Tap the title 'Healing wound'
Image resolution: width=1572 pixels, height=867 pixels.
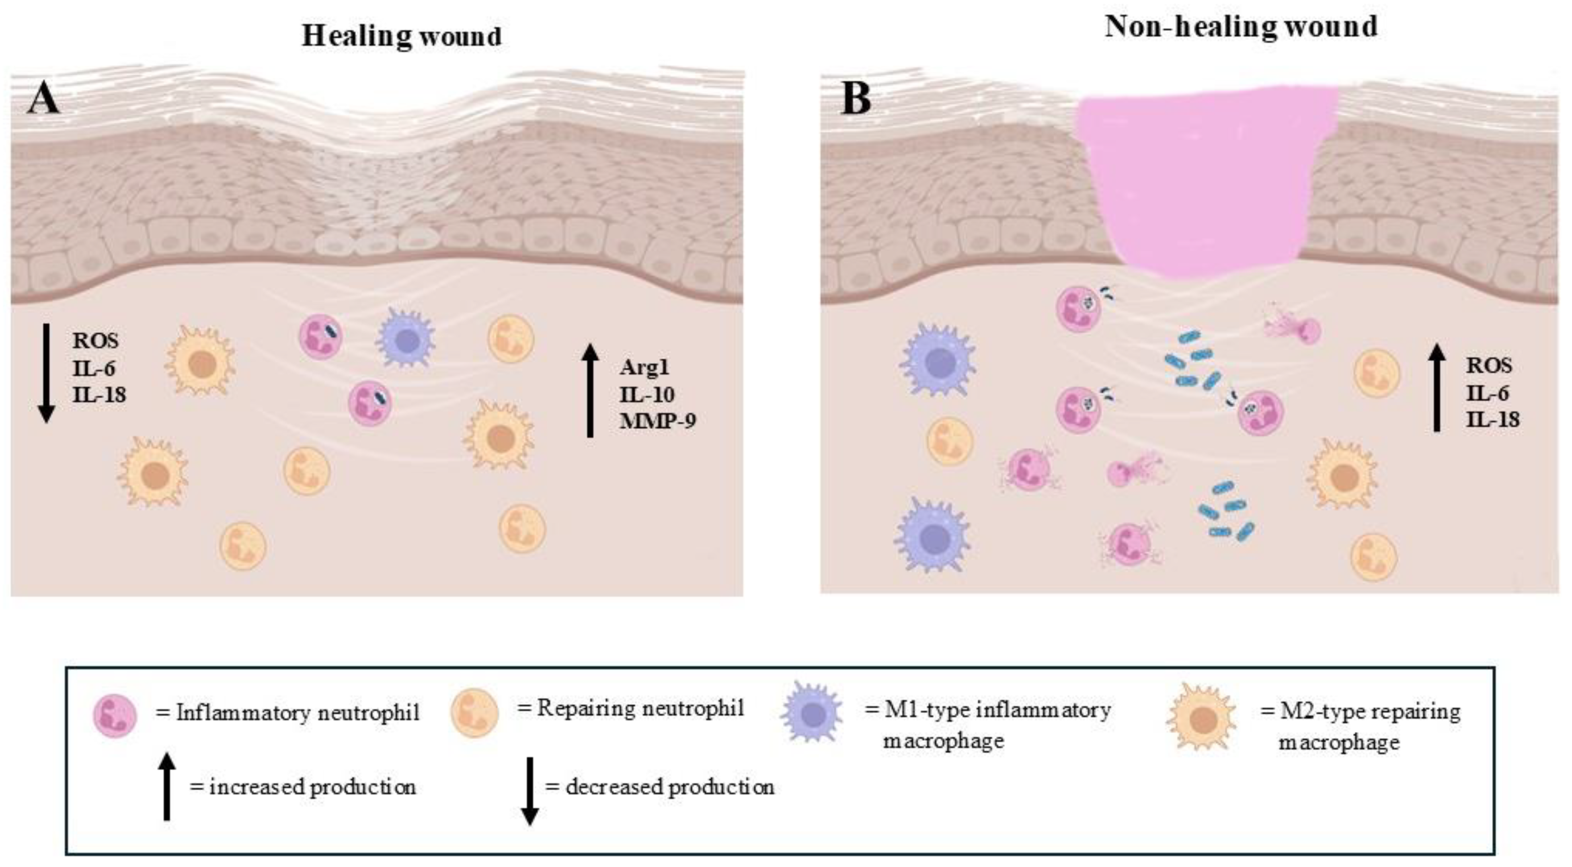[x=402, y=35]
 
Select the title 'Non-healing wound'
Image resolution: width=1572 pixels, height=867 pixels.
[x=1241, y=27]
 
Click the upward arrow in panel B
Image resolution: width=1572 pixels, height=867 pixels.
[x=1437, y=387]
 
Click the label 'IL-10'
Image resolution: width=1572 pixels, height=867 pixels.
[x=647, y=394]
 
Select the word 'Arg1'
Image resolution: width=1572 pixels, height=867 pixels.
[x=644, y=368]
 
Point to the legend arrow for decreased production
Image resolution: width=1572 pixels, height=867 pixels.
[x=530, y=791]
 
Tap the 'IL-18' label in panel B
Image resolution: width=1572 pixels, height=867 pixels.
[x=1492, y=419]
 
